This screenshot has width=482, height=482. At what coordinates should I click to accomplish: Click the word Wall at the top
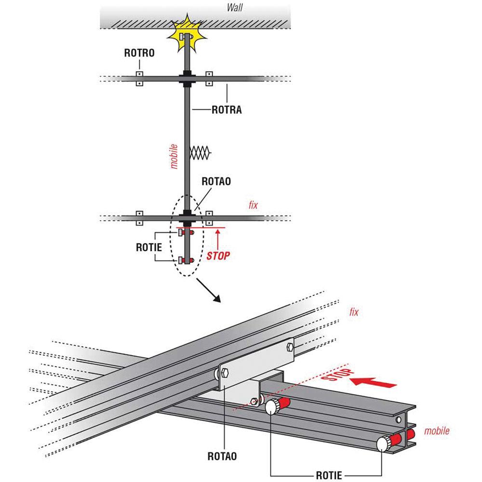(235, 7)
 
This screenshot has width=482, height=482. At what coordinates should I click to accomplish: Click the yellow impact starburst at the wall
(187, 33)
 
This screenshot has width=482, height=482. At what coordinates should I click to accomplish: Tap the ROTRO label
(139, 53)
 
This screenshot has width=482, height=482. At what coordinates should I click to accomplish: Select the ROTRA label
(227, 110)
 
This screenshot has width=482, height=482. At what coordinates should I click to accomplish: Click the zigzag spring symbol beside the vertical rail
(201, 153)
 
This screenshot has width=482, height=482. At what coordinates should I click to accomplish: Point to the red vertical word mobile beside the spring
(174, 157)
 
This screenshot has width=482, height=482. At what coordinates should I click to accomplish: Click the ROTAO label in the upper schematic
(216, 181)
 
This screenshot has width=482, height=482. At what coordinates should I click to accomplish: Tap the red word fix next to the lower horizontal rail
(254, 205)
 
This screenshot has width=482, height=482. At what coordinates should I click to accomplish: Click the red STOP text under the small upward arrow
(218, 256)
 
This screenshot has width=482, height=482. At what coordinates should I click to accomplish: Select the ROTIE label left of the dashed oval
(149, 247)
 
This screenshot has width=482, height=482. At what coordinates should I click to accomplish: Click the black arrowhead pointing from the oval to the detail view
(216, 298)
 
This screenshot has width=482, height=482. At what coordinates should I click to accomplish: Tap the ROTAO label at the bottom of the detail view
(222, 456)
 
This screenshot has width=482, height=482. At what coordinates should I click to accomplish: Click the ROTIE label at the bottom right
(329, 475)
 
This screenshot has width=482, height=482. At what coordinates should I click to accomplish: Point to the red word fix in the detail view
(354, 312)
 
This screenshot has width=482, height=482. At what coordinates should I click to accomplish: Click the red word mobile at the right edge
(437, 430)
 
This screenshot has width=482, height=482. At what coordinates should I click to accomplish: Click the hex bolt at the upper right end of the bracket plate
(290, 347)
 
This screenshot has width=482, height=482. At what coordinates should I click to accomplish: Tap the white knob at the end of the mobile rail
(383, 444)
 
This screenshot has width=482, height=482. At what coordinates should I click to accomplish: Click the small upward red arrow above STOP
(218, 239)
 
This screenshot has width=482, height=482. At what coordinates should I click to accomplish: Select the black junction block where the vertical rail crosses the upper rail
(187, 79)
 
